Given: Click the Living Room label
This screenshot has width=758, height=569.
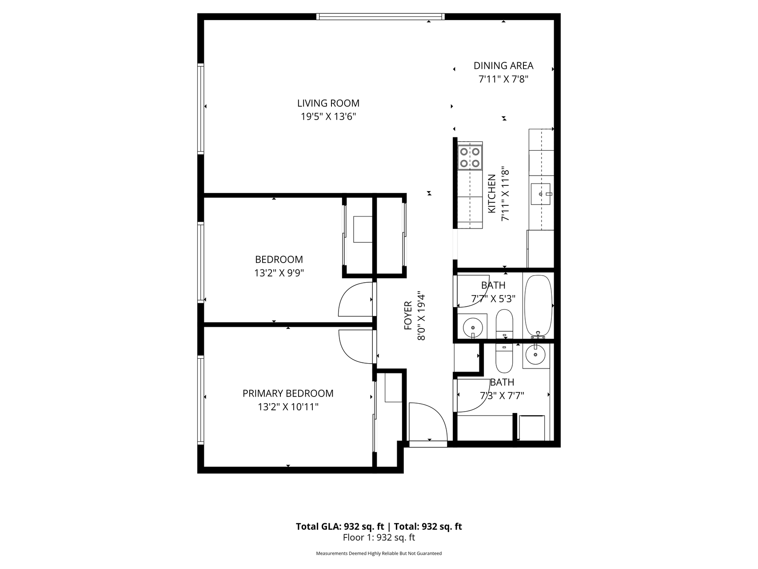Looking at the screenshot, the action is pyautogui.click(x=328, y=103).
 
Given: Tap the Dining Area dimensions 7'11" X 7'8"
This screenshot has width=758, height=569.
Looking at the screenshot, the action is pyautogui.click(x=503, y=80).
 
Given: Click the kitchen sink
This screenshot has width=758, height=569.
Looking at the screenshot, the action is pyautogui.click(x=540, y=194).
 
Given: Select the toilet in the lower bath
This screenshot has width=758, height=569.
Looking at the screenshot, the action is pyautogui.click(x=504, y=358).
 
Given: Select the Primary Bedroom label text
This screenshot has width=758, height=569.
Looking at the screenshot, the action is pyautogui.click(x=288, y=393).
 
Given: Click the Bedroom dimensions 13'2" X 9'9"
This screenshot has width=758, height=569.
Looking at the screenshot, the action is pyautogui.click(x=279, y=273).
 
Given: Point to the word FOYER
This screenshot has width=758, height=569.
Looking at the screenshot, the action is pyautogui.click(x=408, y=316).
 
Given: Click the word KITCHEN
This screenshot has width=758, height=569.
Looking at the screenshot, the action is pyautogui.click(x=491, y=193).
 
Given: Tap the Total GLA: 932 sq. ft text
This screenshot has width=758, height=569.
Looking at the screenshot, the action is pyautogui.click(x=340, y=527).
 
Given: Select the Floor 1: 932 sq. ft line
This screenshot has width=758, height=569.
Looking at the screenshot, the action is pyautogui.click(x=379, y=537).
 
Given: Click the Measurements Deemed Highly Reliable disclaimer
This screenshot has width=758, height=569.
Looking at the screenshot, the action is pyautogui.click(x=379, y=553).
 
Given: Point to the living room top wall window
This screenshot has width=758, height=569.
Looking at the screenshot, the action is pyautogui.click(x=380, y=17).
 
